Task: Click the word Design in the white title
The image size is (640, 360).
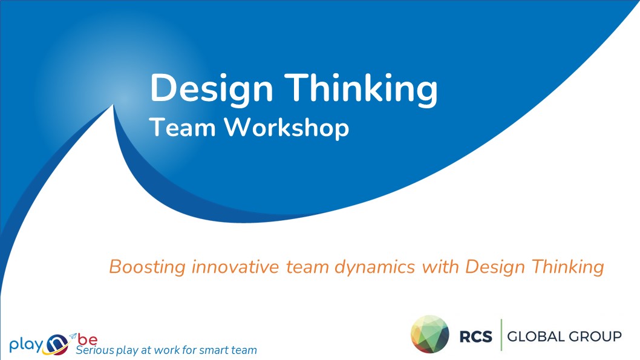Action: click(212, 90)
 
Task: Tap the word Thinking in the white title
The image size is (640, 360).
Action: click(361, 90)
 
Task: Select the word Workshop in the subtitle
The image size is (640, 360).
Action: click(287, 128)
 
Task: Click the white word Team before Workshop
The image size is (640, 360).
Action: click(182, 127)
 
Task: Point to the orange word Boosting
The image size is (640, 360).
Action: click(148, 267)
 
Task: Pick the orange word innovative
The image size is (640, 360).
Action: click(235, 267)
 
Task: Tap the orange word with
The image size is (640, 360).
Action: click(440, 267)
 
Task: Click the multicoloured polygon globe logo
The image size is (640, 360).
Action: click(430, 334)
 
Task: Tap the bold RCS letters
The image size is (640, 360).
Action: click(476, 337)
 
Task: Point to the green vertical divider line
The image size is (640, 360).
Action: click(501, 335)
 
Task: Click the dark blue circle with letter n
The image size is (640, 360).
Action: click(57, 344)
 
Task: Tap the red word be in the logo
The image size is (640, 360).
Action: click(88, 339)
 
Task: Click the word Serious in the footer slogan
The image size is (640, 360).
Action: click(95, 350)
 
